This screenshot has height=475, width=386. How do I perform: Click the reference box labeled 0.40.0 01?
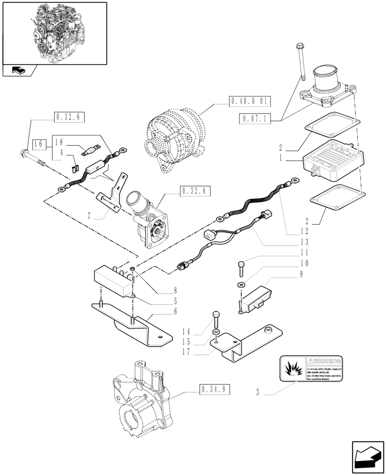(250, 101)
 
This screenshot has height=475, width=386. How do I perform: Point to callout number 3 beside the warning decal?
(257, 392)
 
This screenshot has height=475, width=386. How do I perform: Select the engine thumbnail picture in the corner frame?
(54, 32)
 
